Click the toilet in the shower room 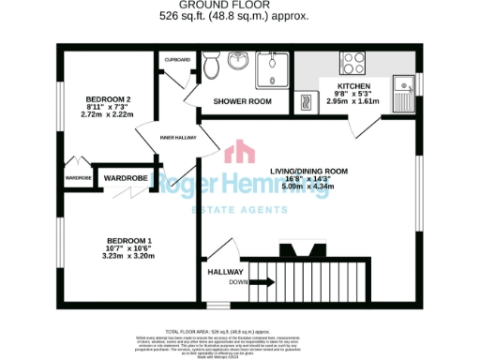pos(212,66)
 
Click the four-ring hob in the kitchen pos(354,64)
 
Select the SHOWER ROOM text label pos(242,101)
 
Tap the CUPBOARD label pos(178,59)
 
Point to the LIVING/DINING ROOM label pos(308,172)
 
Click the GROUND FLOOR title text pos(240,6)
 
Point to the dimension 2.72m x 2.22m pos(108,115)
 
